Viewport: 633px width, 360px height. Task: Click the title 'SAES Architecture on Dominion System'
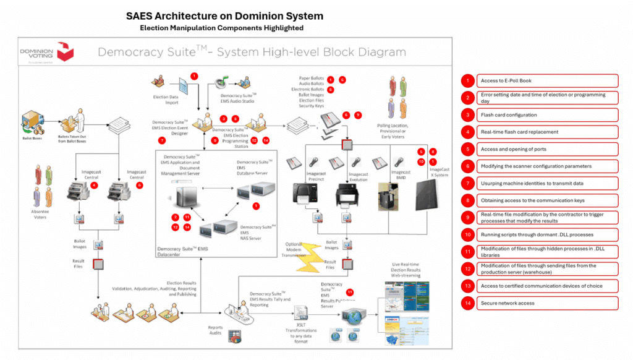click(224, 16)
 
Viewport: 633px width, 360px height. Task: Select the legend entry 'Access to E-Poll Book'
click(547, 80)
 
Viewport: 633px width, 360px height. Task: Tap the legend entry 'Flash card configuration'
click(547, 115)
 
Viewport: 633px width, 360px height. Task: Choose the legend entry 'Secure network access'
click(547, 303)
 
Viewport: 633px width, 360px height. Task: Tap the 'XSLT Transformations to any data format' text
click(301, 335)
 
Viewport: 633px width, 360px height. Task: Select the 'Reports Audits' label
click(216, 331)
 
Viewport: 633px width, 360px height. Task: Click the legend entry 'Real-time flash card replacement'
click(547, 132)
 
